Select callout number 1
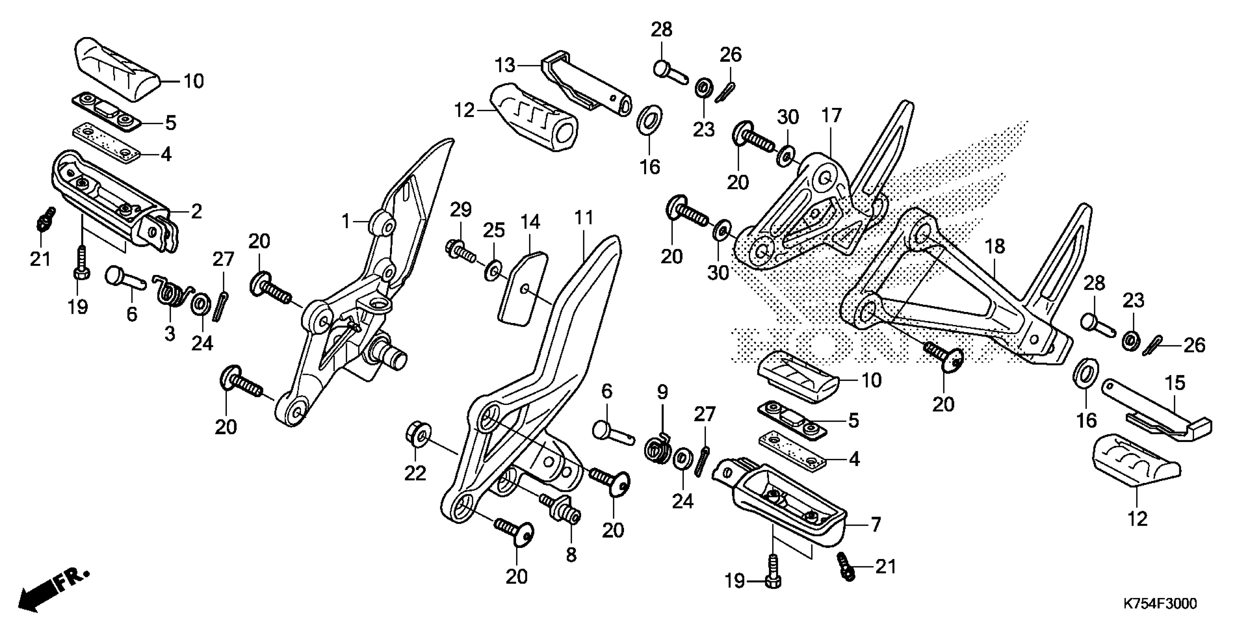point(345,222)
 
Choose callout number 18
point(995,247)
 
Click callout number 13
point(505,65)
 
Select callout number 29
point(460,210)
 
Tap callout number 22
point(415,474)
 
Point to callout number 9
point(662,391)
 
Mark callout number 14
point(530,222)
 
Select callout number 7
point(875,525)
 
